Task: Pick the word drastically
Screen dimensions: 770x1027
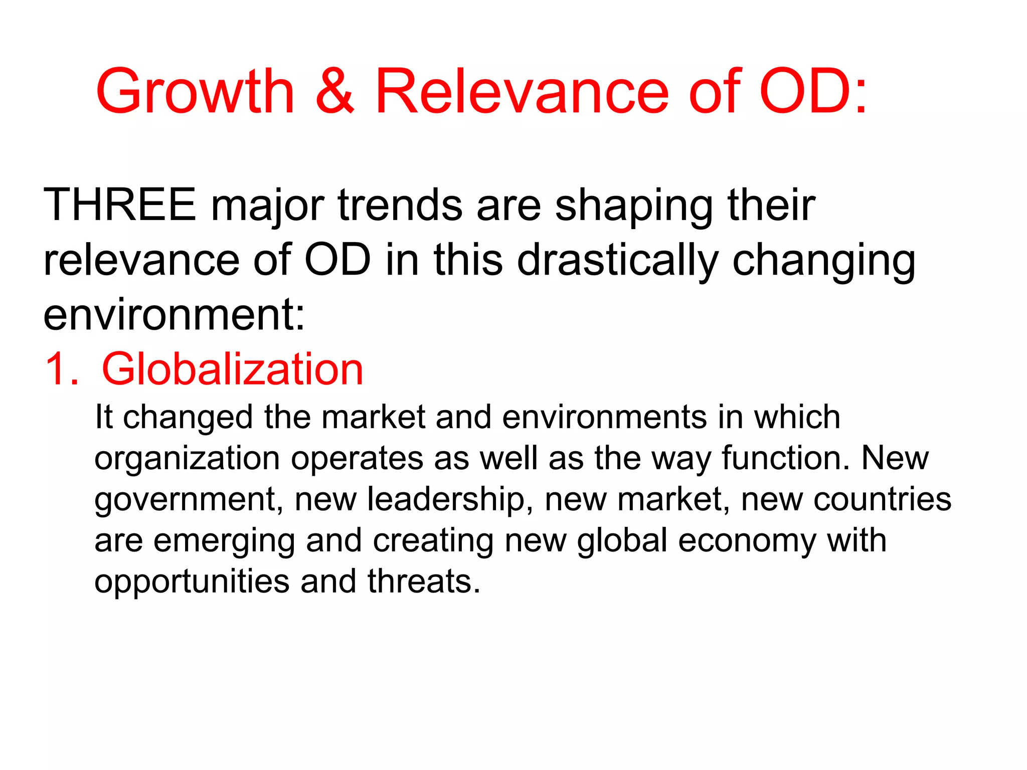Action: click(x=618, y=261)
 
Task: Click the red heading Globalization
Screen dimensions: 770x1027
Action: click(x=232, y=369)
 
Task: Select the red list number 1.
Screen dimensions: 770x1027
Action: click(x=60, y=369)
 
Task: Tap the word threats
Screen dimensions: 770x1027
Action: click(x=424, y=582)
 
